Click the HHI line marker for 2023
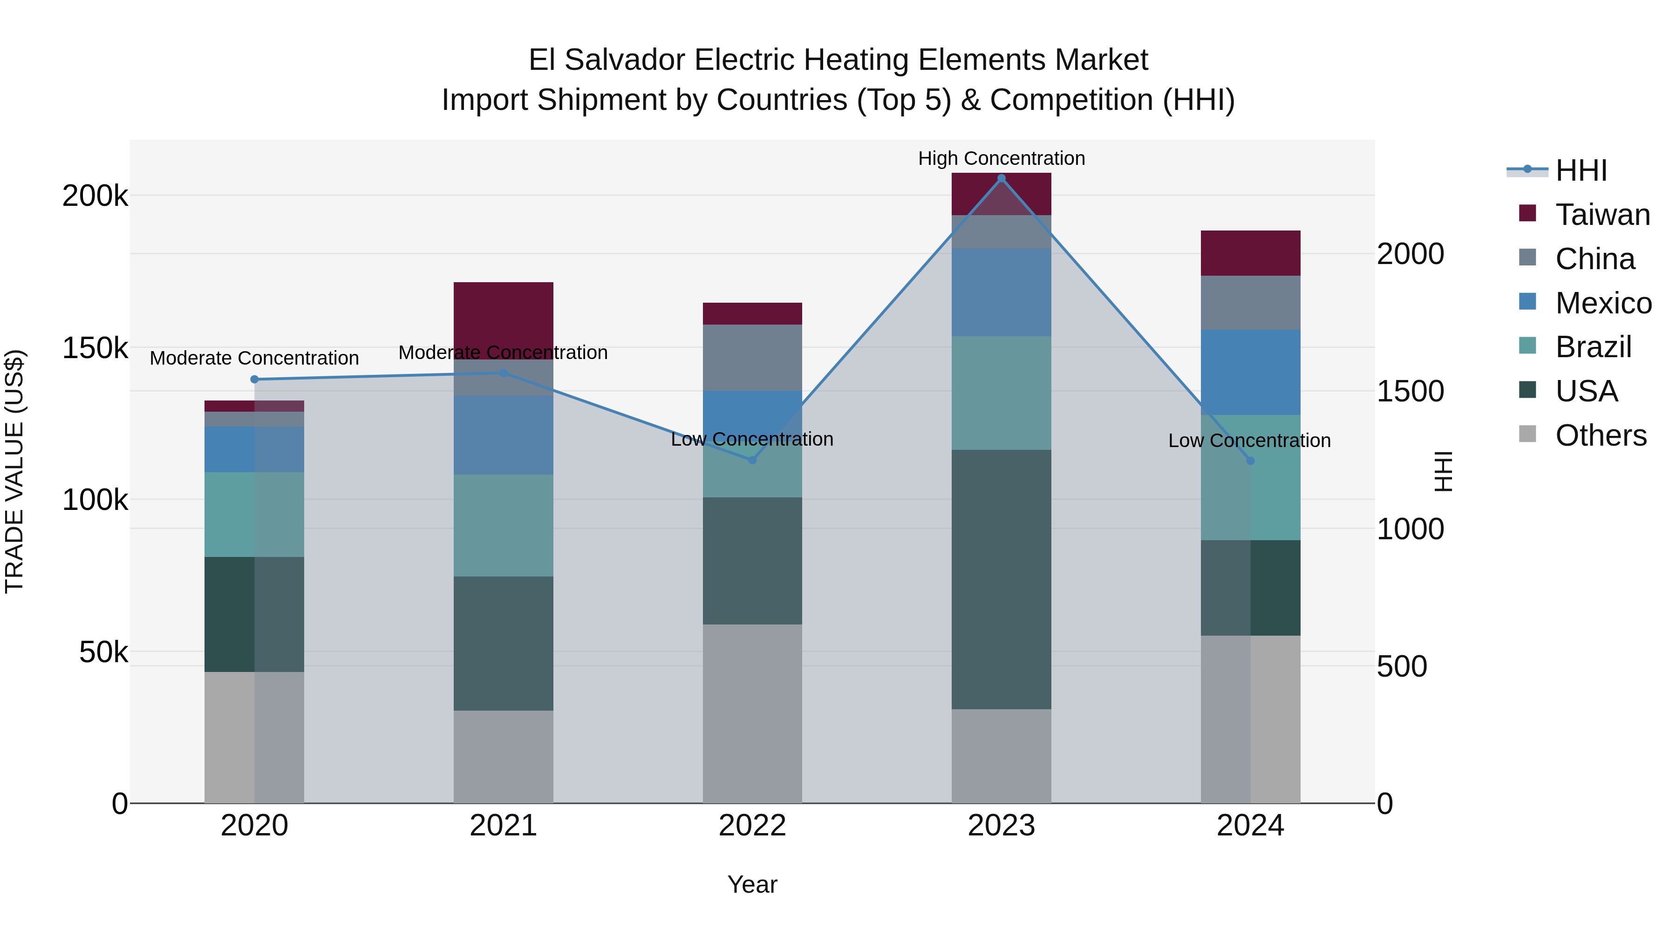1001,178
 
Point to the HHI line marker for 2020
254,380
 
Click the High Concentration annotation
1001,158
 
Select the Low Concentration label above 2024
1249,441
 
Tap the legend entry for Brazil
1593,347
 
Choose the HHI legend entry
1581,170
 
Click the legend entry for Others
1600,435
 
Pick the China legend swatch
1527,258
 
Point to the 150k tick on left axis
95,348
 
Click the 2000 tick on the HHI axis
1410,254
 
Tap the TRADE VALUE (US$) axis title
14,471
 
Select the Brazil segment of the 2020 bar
254,514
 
